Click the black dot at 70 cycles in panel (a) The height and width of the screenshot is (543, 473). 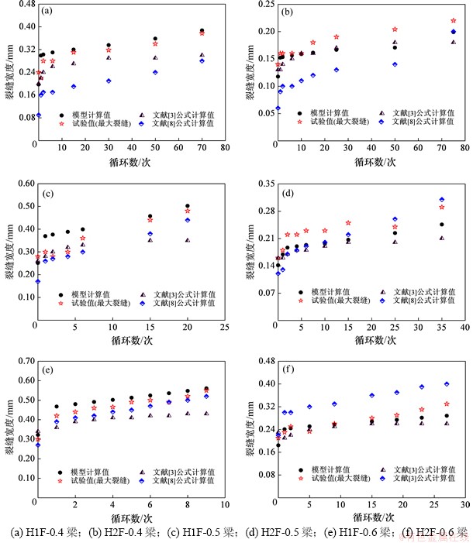(202, 31)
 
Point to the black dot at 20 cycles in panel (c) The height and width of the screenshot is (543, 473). (188, 206)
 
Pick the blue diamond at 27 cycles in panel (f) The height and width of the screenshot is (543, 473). (447, 384)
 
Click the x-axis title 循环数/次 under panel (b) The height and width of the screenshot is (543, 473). (371, 161)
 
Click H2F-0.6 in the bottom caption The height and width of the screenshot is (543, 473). (439, 533)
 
